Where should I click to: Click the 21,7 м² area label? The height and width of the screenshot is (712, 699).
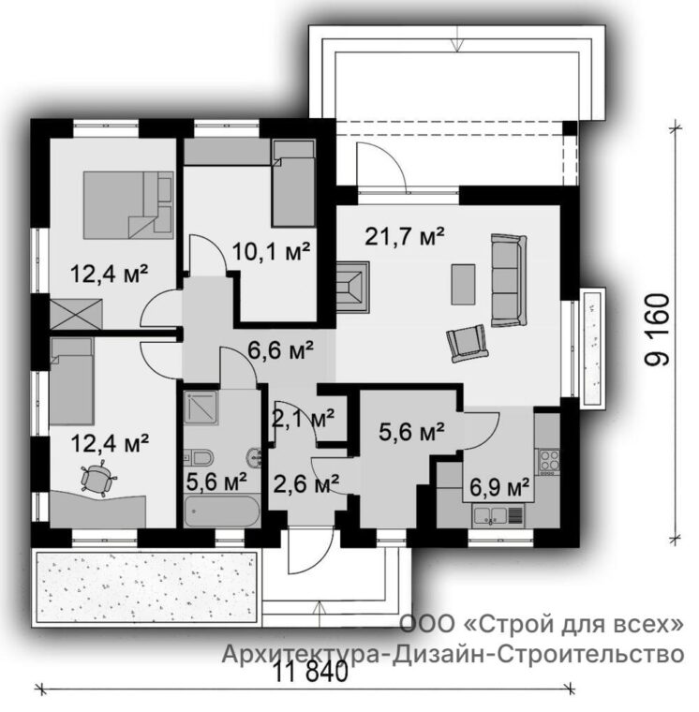coord(405,236)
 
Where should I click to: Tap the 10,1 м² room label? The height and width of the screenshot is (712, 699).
coord(271,251)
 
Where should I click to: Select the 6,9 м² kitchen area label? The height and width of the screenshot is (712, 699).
coord(499,488)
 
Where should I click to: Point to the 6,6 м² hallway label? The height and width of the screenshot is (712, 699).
coord(281,350)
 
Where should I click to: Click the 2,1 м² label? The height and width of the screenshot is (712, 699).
coord(304,418)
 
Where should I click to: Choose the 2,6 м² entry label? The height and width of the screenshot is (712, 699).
coord(305,484)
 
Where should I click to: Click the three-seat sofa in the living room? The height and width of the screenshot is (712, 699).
coord(509,280)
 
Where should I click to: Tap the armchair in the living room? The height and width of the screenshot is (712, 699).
coord(468,343)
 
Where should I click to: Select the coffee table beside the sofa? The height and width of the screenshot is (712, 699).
coord(463,285)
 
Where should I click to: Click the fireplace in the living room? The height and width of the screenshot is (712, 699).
coord(352,287)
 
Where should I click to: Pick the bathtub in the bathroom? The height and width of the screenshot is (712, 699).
coord(222,512)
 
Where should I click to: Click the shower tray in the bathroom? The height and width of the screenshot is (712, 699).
coord(201,408)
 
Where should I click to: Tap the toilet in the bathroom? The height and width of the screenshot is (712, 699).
coord(199,457)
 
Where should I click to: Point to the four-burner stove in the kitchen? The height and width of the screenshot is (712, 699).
coord(549,462)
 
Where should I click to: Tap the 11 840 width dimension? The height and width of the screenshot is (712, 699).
coord(312,672)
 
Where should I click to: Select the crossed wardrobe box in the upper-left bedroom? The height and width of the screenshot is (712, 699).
coord(76,313)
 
